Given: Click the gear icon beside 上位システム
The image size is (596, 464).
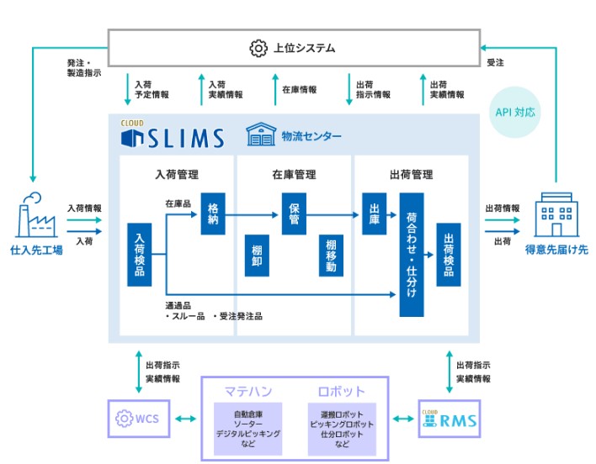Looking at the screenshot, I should (x=258, y=48).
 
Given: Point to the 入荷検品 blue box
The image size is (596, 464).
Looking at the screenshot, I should (x=139, y=255).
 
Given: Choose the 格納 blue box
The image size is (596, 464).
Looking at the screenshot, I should (x=213, y=214).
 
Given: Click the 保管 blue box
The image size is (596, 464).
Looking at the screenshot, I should (x=294, y=214).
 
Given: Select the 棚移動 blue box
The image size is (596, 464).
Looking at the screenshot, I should (x=331, y=256).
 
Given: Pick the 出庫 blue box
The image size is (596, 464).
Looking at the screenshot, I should (x=375, y=214).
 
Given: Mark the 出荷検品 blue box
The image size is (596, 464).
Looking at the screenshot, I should (x=448, y=255).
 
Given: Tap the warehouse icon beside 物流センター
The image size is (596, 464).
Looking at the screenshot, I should (x=260, y=134).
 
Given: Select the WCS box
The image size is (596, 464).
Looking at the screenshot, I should (x=141, y=419).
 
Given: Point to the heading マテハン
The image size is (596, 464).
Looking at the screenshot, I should (x=247, y=391).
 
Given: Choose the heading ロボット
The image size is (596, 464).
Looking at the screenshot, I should (x=341, y=391).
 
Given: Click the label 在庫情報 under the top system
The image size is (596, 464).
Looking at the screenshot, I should (x=299, y=88).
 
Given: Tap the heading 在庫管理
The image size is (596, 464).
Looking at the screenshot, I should (x=294, y=175).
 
